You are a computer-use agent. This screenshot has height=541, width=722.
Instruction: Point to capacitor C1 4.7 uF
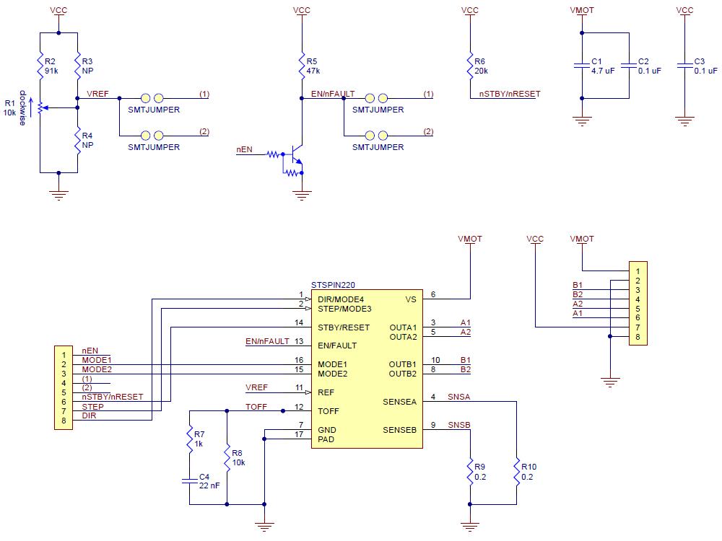582,66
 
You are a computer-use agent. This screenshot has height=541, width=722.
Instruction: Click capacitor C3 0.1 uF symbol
684,66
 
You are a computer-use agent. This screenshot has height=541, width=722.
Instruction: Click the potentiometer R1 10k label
9,107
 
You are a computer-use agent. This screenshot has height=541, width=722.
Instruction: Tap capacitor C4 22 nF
188,480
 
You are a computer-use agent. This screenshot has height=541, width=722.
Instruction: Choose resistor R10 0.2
517,472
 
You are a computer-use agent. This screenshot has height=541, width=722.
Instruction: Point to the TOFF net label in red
256,407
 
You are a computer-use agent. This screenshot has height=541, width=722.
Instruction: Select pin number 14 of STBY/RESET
298,322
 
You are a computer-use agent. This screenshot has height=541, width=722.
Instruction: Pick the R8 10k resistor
227,457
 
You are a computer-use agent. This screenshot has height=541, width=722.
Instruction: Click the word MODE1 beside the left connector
96,359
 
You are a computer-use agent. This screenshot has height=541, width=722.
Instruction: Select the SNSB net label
458,425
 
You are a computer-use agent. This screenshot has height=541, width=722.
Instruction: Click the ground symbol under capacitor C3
684,120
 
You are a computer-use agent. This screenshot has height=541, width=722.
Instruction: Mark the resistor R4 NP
77,140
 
